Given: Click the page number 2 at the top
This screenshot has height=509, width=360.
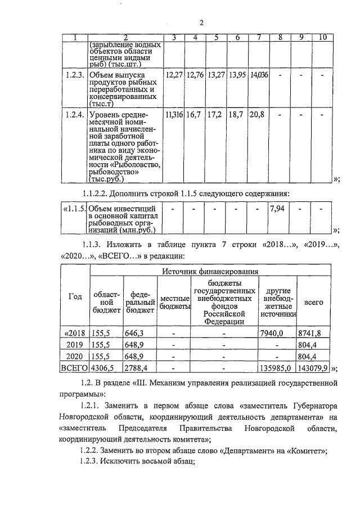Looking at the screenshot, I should (201, 22).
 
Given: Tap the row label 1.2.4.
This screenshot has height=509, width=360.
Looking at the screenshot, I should (74, 115).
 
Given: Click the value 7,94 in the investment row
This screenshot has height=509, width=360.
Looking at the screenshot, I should (276, 209).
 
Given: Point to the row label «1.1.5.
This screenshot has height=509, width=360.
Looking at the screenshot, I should (73, 209).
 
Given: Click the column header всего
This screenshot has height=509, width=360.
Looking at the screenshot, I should (313, 302).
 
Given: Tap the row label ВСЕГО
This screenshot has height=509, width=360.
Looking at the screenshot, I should (74, 368).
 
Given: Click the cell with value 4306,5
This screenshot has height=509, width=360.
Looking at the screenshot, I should (105, 368).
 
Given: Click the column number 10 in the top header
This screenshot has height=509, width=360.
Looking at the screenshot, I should (322, 38).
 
